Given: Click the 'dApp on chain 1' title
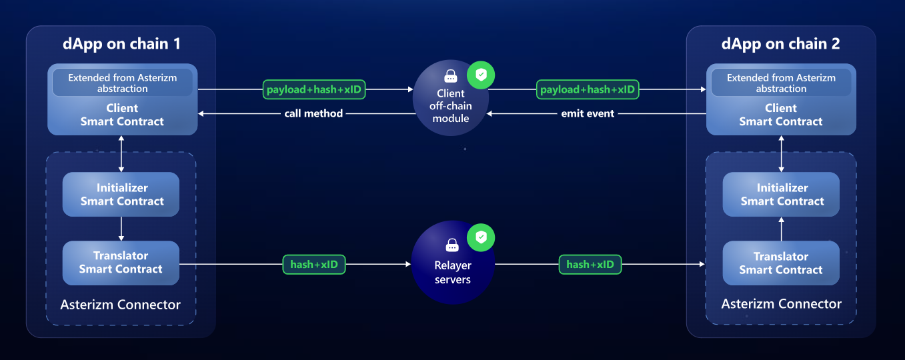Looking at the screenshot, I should point(121,44).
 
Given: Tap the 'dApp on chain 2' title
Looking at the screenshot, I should point(780,44).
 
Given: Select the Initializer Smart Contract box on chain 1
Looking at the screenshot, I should point(121,195).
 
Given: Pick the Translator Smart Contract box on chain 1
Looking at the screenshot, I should point(121,263).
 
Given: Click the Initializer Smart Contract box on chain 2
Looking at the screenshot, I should point(782,195).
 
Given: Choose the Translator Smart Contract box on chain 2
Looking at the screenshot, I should point(781,263).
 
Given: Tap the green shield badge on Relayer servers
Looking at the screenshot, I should point(481,237).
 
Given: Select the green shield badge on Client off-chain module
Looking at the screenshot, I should point(481,75).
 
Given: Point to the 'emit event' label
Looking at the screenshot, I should point(587,114).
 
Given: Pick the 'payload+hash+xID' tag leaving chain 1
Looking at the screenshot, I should point(313,89).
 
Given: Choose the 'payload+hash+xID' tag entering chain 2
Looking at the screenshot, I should point(588,89).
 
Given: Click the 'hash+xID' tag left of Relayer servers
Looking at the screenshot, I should point(314,265).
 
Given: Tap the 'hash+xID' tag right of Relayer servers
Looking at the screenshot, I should point(590,265).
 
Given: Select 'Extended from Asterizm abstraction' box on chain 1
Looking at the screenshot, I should point(123,83).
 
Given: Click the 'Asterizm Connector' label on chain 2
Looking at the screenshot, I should point(781,304).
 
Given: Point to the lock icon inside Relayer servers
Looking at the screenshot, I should point(452,245).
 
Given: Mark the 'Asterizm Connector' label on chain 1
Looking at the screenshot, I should point(120,305).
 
